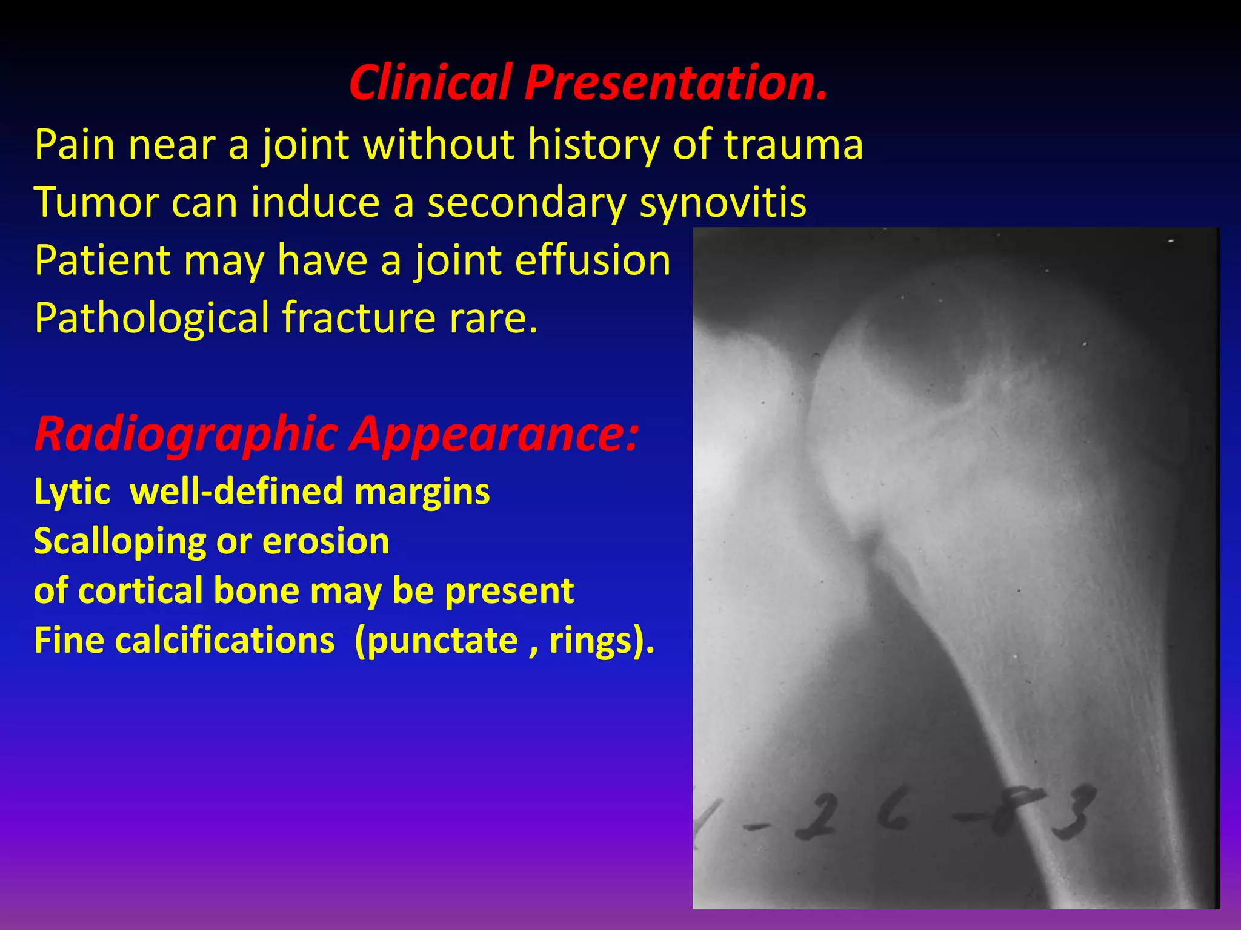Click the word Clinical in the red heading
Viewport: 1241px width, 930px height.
pyautogui.click(x=430, y=83)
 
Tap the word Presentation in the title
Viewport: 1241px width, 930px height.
pyautogui.click(x=676, y=83)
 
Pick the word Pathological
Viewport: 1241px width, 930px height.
pyautogui.click(x=151, y=318)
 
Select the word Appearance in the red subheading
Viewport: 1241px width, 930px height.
pyautogui.click(x=494, y=434)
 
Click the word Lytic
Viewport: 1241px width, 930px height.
pyautogui.click(x=72, y=491)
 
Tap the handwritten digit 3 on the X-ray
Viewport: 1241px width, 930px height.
pyautogui.click(x=1073, y=814)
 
